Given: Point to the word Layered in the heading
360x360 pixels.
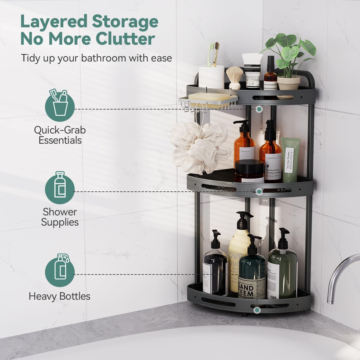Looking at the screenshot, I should pyautogui.click(x=53, y=22).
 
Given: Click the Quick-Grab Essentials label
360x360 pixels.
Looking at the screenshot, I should pyautogui.click(x=60, y=135).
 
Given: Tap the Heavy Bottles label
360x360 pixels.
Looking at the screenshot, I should pyautogui.click(x=59, y=296).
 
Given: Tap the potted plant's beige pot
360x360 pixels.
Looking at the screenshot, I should pyautogui.click(x=288, y=83).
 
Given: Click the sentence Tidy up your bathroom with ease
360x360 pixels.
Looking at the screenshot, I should pyautogui.click(x=96, y=58).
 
